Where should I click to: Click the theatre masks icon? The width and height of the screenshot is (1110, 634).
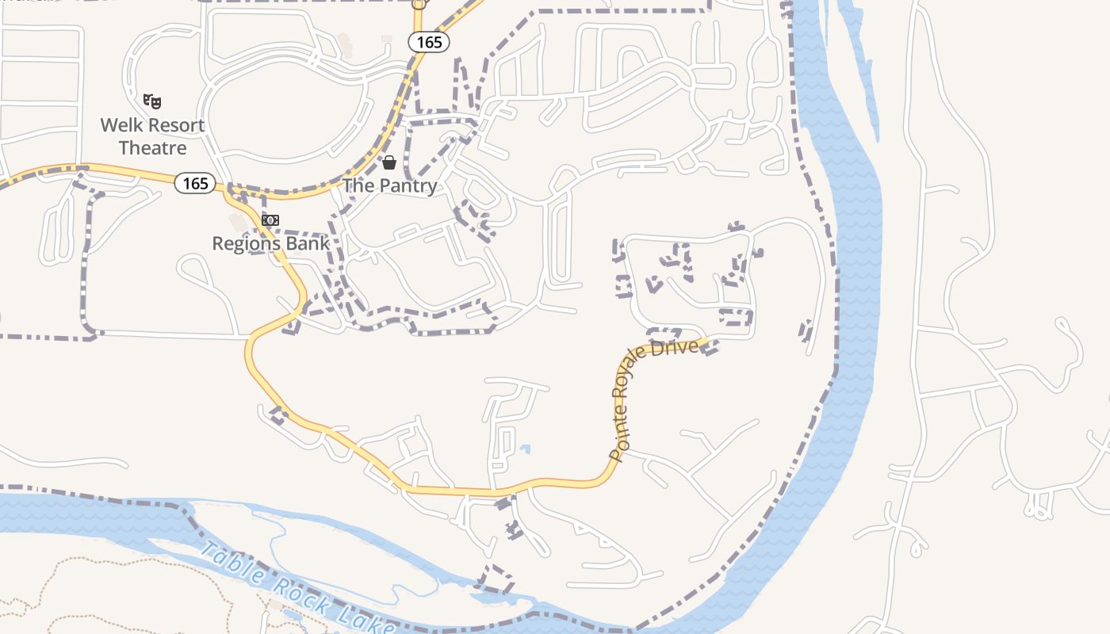coord(152,101)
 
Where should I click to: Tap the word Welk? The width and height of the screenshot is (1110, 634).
coord(120,125)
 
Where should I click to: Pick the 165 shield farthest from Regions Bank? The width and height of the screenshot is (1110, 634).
coord(429,42)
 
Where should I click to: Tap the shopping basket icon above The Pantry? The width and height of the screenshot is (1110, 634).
coord(389,162)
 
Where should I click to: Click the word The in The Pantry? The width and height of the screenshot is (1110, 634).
coord(358,185)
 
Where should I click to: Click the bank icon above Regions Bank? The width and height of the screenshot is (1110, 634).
coord(270,220)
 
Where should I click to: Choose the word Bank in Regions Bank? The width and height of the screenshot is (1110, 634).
coord(309,243)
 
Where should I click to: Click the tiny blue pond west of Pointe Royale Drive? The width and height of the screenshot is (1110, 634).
coord(525,449)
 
